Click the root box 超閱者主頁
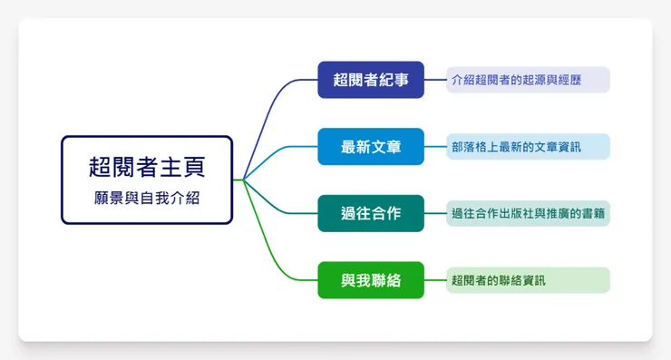click(x=147, y=180)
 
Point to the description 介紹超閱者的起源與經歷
click(x=528, y=80)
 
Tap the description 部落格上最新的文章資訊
click(x=528, y=147)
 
